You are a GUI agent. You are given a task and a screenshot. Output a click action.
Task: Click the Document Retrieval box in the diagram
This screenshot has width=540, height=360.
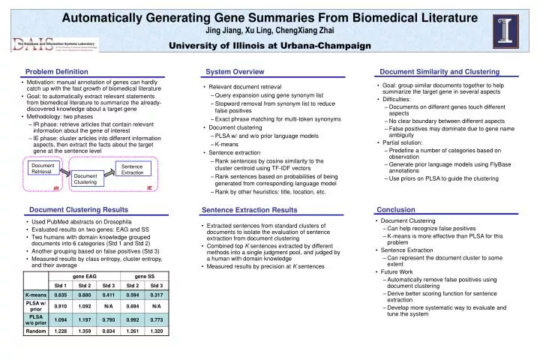pos(42,169)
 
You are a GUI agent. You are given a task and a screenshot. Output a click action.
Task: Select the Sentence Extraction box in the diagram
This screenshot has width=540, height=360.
pos(132,169)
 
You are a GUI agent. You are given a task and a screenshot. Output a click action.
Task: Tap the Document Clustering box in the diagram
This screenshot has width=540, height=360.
pos(85,178)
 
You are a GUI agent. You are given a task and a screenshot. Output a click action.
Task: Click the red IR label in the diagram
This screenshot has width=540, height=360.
pos(55,189)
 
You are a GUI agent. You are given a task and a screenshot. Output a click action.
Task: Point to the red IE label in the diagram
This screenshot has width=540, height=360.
pos(149,187)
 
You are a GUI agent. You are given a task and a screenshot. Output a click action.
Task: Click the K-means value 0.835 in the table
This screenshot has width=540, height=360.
pos(61,295)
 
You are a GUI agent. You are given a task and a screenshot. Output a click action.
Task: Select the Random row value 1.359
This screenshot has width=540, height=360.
pos(85,331)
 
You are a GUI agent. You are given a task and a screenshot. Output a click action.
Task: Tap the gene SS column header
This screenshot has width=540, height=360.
pos(145,276)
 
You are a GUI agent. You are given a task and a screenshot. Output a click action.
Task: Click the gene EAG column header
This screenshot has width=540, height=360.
pos(85,276)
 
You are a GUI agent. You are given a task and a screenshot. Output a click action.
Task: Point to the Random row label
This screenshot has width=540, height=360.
pos(35,331)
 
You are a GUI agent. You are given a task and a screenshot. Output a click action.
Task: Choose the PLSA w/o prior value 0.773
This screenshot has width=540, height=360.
pos(157,319)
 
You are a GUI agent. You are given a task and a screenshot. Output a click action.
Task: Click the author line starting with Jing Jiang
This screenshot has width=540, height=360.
pos(269,30)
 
